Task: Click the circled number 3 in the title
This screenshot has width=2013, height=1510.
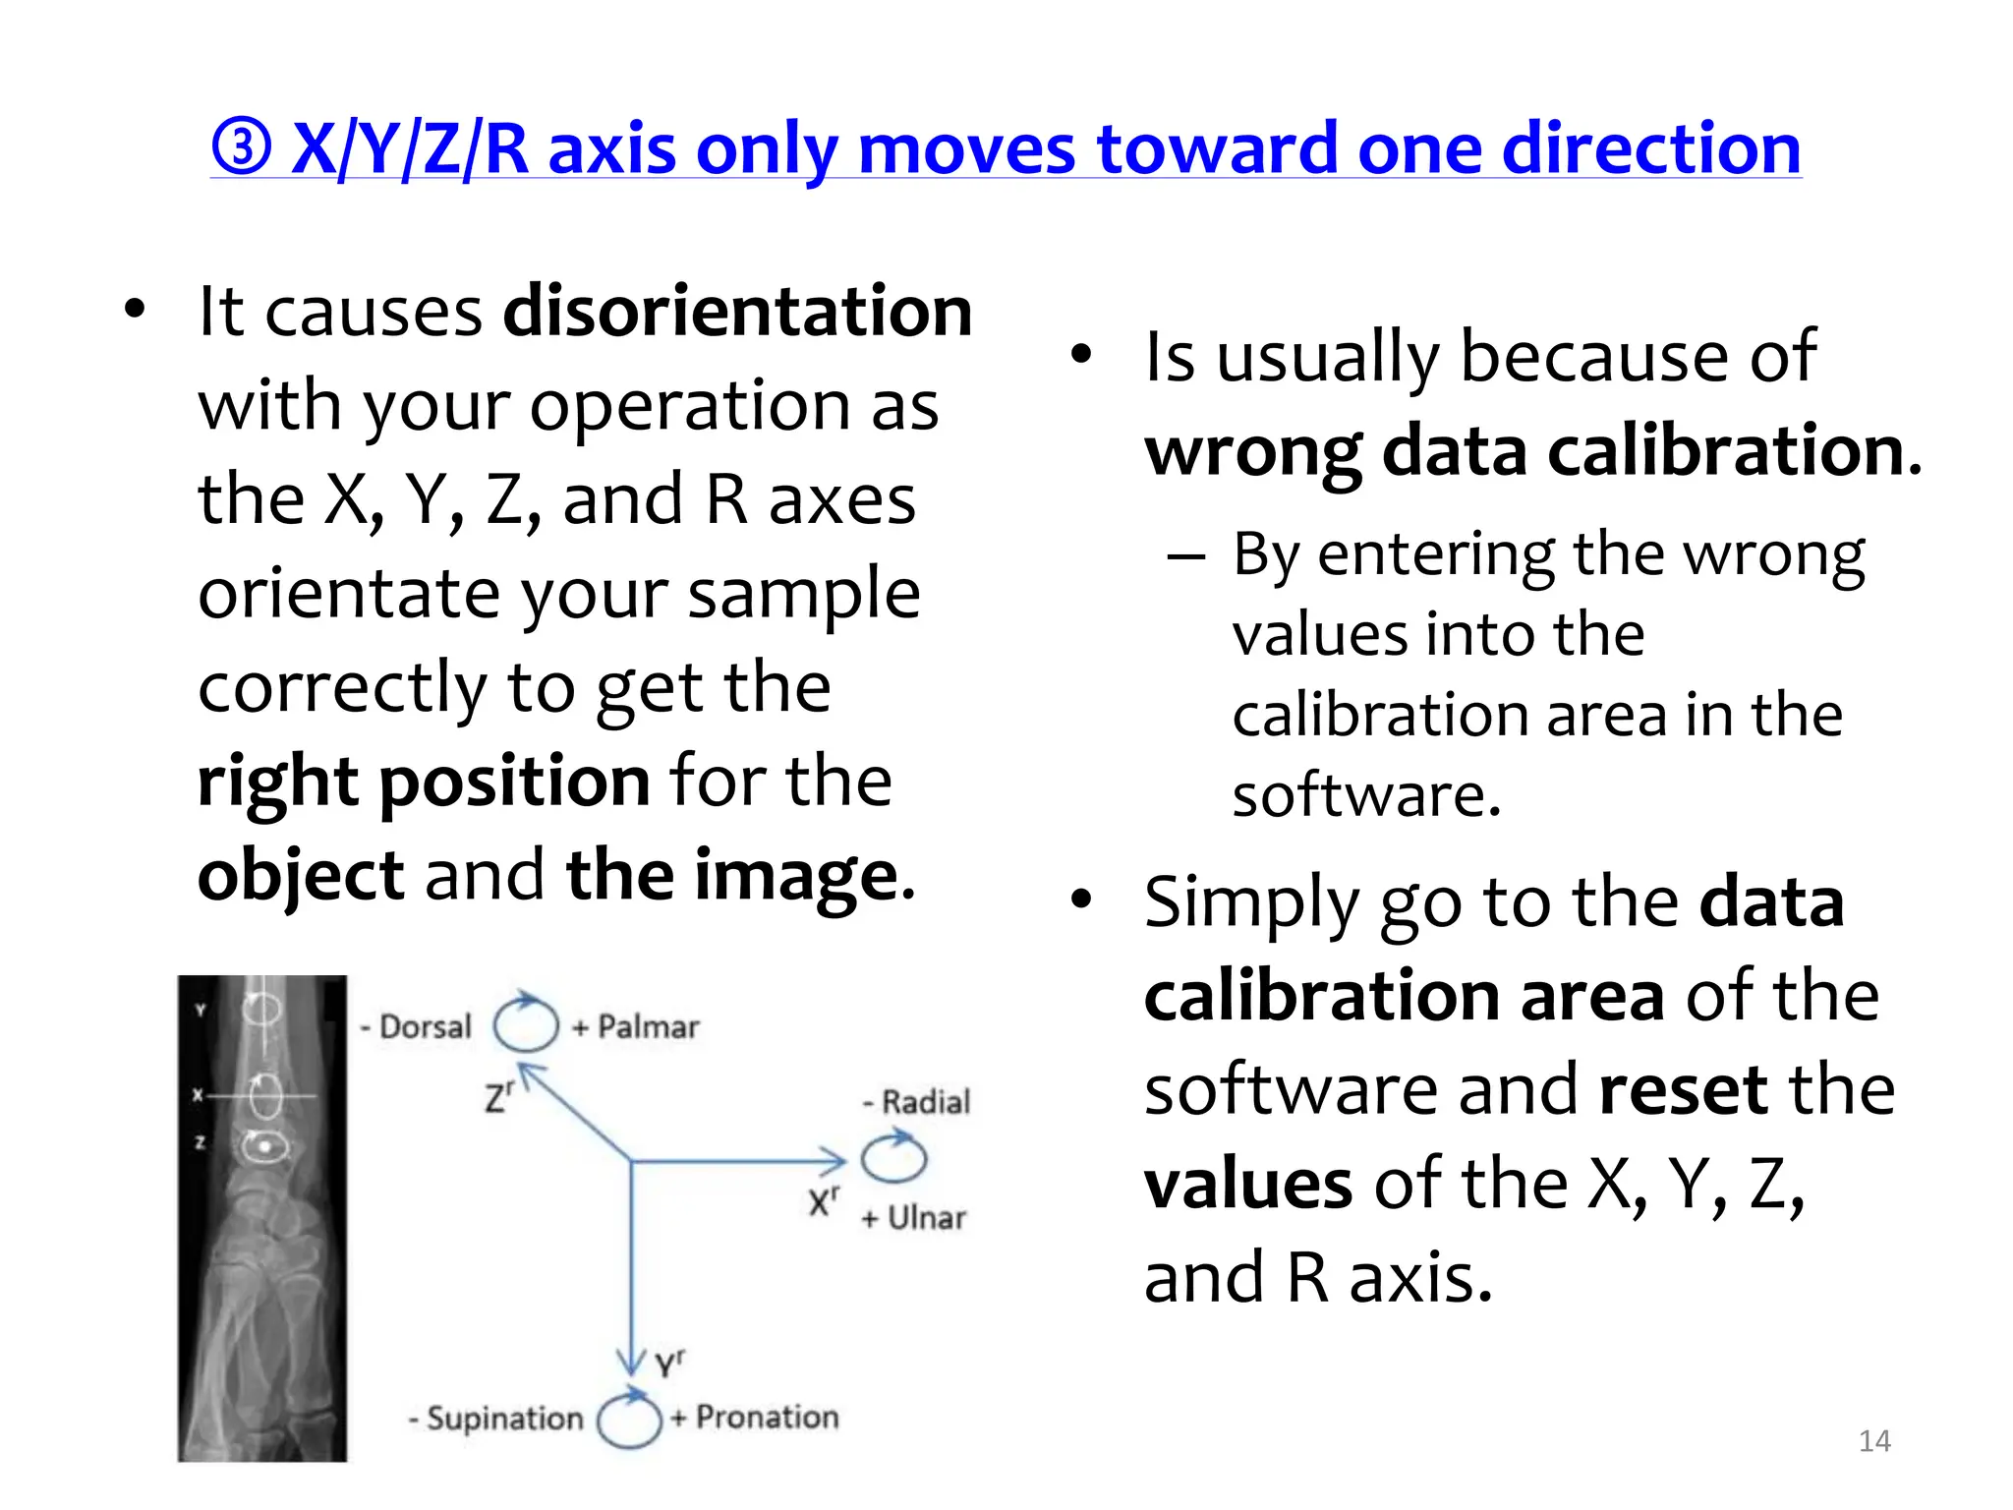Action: pos(241,149)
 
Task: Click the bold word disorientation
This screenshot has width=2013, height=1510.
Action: pos(737,312)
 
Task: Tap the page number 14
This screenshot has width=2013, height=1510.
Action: pos(1874,1441)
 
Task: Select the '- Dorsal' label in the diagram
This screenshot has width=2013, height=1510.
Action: pos(416,1026)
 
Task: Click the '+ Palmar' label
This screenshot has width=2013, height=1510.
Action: pos(636,1027)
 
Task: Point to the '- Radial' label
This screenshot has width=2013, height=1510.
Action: pos(916,1102)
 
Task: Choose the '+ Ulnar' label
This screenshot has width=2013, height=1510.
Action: pos(913,1218)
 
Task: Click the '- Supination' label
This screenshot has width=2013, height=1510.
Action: pos(496,1419)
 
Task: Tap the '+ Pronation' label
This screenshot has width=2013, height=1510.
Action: pos(755,1417)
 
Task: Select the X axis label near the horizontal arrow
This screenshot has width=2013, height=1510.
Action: pos(823,1201)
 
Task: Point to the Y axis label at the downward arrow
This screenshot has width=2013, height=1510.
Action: pos(669,1364)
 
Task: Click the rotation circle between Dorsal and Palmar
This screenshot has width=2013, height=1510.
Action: pos(525,1024)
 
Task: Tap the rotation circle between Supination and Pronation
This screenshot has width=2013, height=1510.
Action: pos(629,1420)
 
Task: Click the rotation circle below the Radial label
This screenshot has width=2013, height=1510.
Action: pos(892,1158)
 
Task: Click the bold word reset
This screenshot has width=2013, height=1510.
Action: pos(1682,1090)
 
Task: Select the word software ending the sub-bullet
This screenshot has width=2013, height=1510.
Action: pos(1366,795)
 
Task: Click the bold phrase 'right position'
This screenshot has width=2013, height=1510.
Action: pos(424,782)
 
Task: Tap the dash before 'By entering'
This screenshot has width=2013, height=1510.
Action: pos(1186,556)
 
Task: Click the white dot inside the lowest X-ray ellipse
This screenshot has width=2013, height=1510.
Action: pos(264,1147)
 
